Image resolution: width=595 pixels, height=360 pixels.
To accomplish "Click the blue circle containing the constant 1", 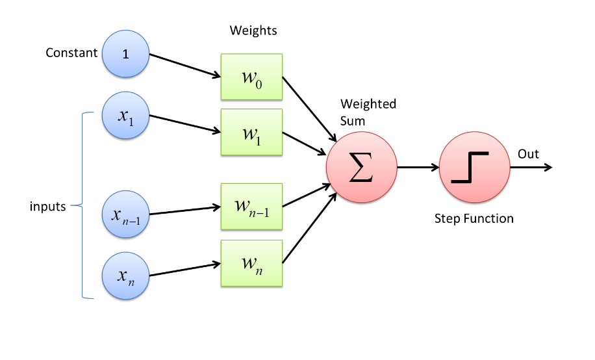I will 126,53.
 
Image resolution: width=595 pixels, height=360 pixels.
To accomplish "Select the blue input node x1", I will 126,116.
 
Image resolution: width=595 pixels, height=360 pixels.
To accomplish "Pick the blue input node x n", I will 126,276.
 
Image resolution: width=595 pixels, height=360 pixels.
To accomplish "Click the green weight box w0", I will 251,77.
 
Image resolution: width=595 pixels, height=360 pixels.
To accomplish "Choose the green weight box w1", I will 251,132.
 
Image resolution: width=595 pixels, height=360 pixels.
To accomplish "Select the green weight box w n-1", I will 251,207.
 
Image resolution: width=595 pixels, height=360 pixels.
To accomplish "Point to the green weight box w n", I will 251,263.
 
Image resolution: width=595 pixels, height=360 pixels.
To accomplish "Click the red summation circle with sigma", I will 361,168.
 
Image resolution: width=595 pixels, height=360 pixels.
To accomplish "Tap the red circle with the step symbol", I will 474,168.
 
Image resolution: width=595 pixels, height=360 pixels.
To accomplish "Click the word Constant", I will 71,53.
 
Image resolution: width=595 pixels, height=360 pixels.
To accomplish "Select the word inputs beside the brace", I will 48,207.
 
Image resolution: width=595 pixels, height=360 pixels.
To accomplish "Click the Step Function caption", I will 474,219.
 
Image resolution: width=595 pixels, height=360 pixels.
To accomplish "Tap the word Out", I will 528,154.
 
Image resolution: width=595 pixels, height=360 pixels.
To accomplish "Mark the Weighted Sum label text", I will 368,112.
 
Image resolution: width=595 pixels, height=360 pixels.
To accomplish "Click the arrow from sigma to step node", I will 416,168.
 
